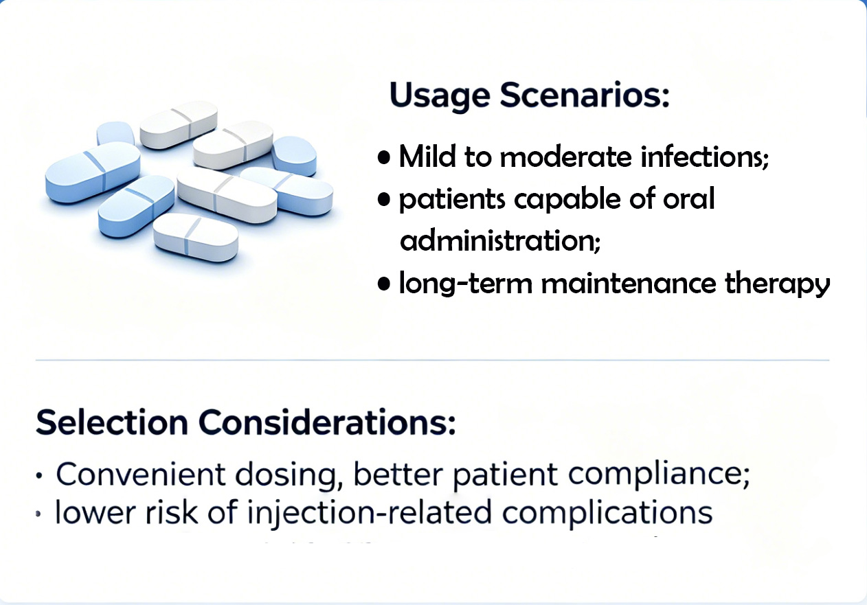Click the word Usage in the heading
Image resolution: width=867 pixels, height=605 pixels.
click(x=440, y=96)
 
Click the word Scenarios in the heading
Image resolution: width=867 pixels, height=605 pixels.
click(x=585, y=94)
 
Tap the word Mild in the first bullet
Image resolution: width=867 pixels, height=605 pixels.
click(x=427, y=157)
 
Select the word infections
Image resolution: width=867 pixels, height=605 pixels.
click(x=704, y=157)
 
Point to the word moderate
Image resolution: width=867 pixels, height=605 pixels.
click(x=565, y=157)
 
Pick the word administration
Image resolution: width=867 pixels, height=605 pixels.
click(x=499, y=240)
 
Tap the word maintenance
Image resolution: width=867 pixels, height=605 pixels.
click(x=629, y=283)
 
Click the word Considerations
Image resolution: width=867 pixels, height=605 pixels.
click(x=327, y=422)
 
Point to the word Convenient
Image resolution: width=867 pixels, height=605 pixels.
click(x=141, y=474)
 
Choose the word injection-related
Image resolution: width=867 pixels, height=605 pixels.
click(x=369, y=512)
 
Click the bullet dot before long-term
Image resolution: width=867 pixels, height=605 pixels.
click(x=383, y=284)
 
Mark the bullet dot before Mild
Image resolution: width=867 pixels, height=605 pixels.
click(x=383, y=159)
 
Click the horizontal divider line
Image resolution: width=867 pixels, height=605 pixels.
click(x=432, y=360)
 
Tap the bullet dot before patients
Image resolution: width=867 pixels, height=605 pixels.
click(x=383, y=201)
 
